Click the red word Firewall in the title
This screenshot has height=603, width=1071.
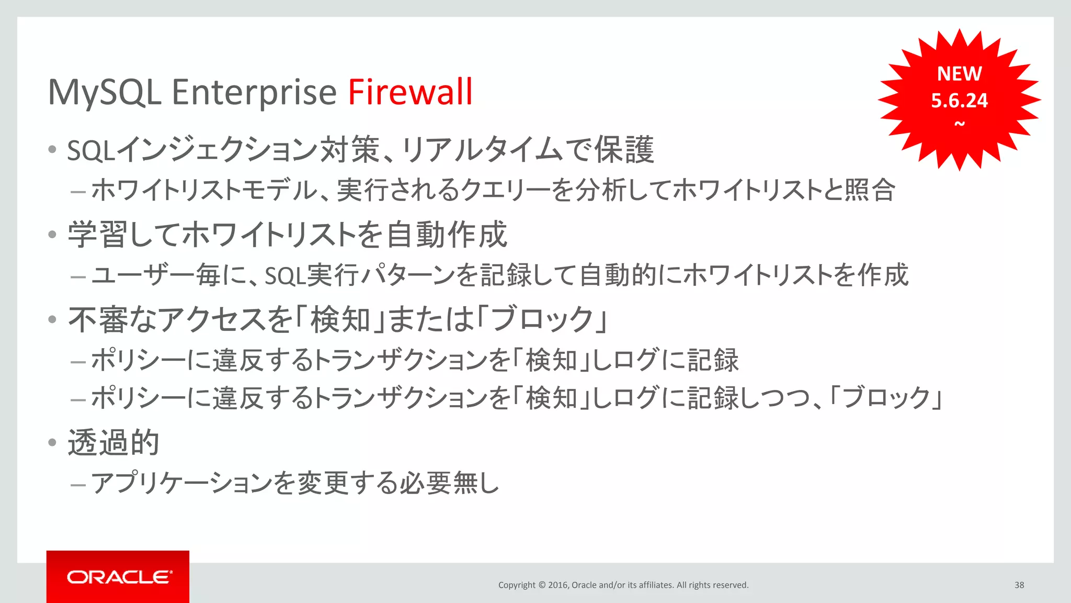point(410,92)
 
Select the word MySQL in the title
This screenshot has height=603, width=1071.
point(104,93)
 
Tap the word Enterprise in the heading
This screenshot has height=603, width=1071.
point(254,93)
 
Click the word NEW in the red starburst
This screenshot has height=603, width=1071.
point(959,74)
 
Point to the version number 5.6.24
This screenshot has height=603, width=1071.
point(959,100)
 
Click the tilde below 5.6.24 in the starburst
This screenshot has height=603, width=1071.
point(960,124)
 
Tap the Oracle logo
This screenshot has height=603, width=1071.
point(118,577)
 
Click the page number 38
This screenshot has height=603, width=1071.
point(1019,585)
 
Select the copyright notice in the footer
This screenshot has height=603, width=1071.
point(623,585)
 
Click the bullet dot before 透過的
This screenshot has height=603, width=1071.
point(52,443)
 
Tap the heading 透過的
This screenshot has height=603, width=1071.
point(113,443)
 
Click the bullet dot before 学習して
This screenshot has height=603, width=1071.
point(52,234)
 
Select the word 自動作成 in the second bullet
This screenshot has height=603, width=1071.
point(447,234)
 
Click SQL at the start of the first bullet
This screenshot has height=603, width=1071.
point(90,151)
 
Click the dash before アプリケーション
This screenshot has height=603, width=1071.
point(78,485)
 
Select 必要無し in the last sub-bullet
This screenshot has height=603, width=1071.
point(450,483)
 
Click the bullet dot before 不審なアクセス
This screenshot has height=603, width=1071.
point(52,319)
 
